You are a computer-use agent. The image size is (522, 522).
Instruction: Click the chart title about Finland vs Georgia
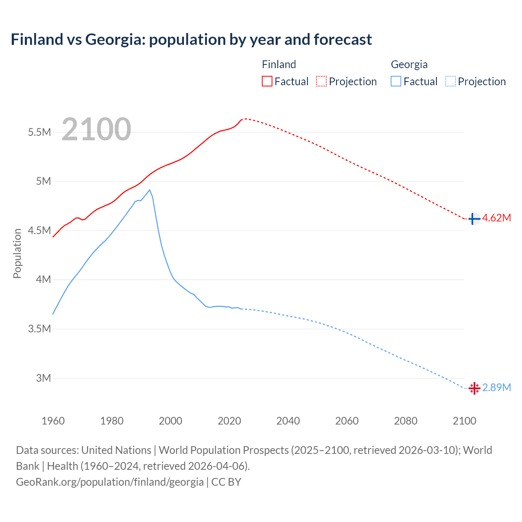[191, 40]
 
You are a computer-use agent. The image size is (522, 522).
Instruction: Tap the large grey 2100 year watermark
[97, 129]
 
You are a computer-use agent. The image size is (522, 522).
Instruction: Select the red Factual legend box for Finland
[267, 81]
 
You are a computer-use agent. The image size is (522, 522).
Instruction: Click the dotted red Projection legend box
[321, 81]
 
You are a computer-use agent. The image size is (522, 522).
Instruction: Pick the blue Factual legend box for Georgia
[396, 81]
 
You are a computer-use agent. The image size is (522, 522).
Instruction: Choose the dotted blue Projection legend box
[450, 81]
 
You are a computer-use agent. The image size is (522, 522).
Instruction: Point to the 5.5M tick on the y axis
[40, 132]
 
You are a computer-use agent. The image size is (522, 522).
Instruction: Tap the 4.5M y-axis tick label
[40, 230]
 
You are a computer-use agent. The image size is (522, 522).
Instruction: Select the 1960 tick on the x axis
[53, 421]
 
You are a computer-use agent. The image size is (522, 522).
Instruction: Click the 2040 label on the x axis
[288, 421]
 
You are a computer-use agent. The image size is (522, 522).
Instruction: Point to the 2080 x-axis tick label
[405, 421]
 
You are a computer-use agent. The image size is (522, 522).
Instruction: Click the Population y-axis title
[17, 253]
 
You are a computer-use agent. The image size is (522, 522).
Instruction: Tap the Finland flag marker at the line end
[473, 219]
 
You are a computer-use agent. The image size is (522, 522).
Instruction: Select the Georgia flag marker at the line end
[474, 388]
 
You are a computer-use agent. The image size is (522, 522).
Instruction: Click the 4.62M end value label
[496, 218]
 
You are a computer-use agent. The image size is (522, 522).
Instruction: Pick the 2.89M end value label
[496, 387]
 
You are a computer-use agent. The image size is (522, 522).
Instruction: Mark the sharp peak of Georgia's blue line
[150, 190]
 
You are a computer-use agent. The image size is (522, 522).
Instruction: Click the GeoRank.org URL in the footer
[110, 482]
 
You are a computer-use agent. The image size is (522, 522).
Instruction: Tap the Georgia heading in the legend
[409, 64]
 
